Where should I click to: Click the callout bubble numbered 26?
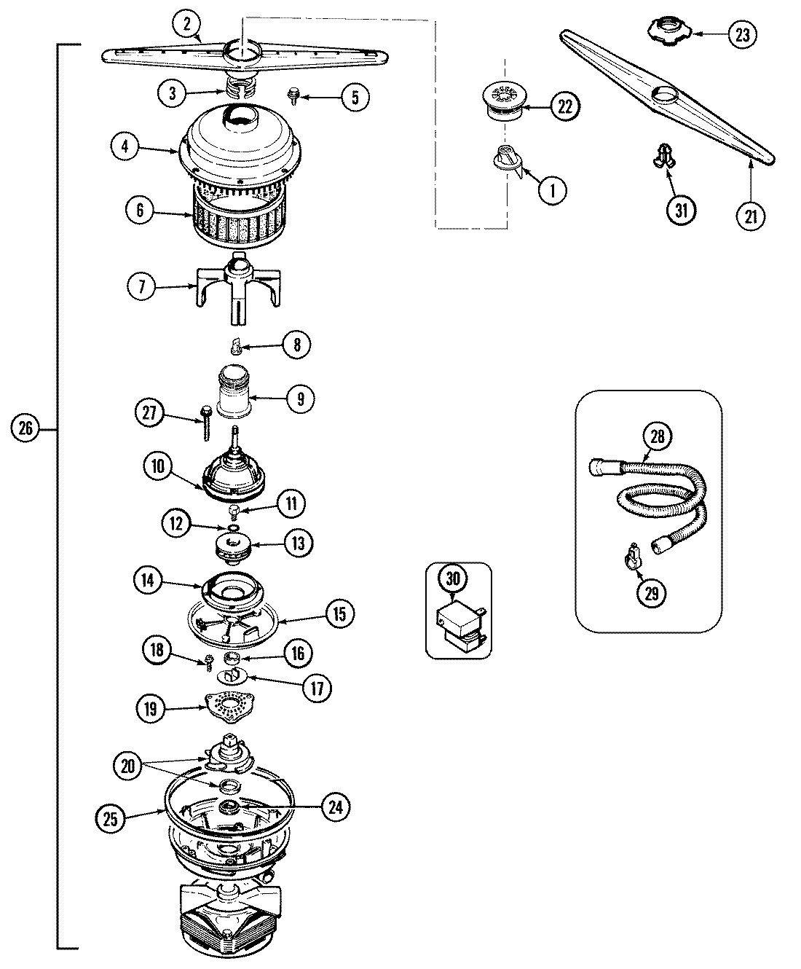point(25,429)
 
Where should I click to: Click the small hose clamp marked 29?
point(631,558)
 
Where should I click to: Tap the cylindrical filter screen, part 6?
point(229,215)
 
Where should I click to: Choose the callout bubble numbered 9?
point(300,399)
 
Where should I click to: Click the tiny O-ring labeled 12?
point(233,527)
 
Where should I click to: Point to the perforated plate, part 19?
point(234,706)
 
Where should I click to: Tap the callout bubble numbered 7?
point(143,287)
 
